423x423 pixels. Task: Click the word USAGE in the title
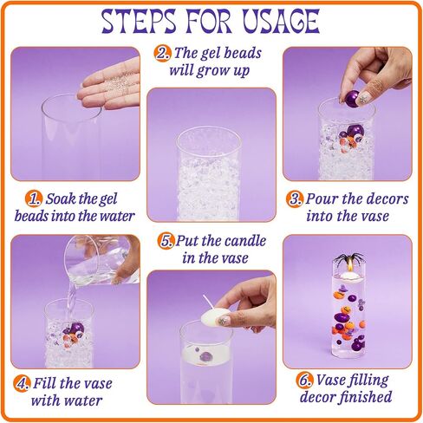coord(281,21)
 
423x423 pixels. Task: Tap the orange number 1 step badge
coord(34,198)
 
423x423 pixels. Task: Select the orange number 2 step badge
coord(162,54)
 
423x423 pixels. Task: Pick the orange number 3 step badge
coord(295,199)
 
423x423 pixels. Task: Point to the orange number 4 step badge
coord(22,384)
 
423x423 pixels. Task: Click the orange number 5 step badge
coord(166,241)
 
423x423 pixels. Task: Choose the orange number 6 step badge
coord(304,381)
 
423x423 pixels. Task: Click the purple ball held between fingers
coord(353,97)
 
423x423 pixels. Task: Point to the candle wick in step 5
coord(208,302)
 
